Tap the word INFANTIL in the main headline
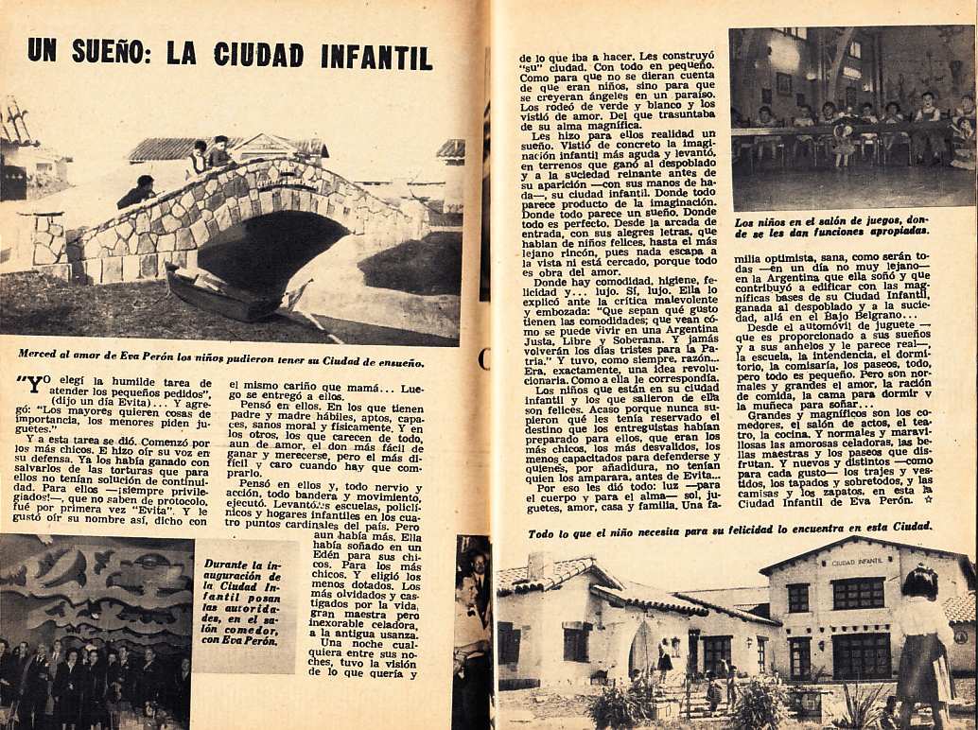coord(375,56)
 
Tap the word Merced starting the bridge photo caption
coord(42,355)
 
